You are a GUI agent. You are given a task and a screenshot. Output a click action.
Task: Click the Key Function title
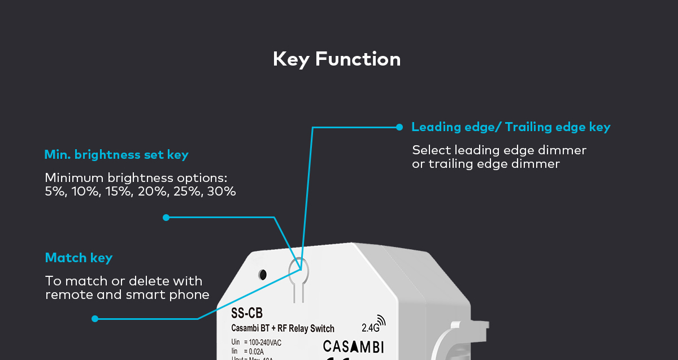point(337,59)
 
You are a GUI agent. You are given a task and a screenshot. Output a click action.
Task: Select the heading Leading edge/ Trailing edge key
point(511,127)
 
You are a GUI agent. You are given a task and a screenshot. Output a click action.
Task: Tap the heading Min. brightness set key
point(116,155)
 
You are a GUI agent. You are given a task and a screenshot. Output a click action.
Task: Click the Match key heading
point(79,258)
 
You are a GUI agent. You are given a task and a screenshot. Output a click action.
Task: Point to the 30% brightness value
point(221,192)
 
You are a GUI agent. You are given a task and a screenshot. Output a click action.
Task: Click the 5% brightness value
point(54,192)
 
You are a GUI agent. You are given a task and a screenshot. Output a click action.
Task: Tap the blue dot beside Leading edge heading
point(399,127)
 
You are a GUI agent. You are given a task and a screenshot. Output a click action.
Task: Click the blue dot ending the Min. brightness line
point(166,218)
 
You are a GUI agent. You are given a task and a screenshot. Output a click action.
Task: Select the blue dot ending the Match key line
point(95,319)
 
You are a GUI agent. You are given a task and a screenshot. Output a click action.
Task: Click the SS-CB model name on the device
point(247,313)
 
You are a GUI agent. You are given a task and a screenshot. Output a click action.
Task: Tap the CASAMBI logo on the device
point(353,346)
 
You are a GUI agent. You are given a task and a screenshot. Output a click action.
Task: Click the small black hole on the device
point(263,275)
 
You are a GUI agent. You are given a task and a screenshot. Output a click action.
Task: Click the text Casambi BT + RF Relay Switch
point(282,328)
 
